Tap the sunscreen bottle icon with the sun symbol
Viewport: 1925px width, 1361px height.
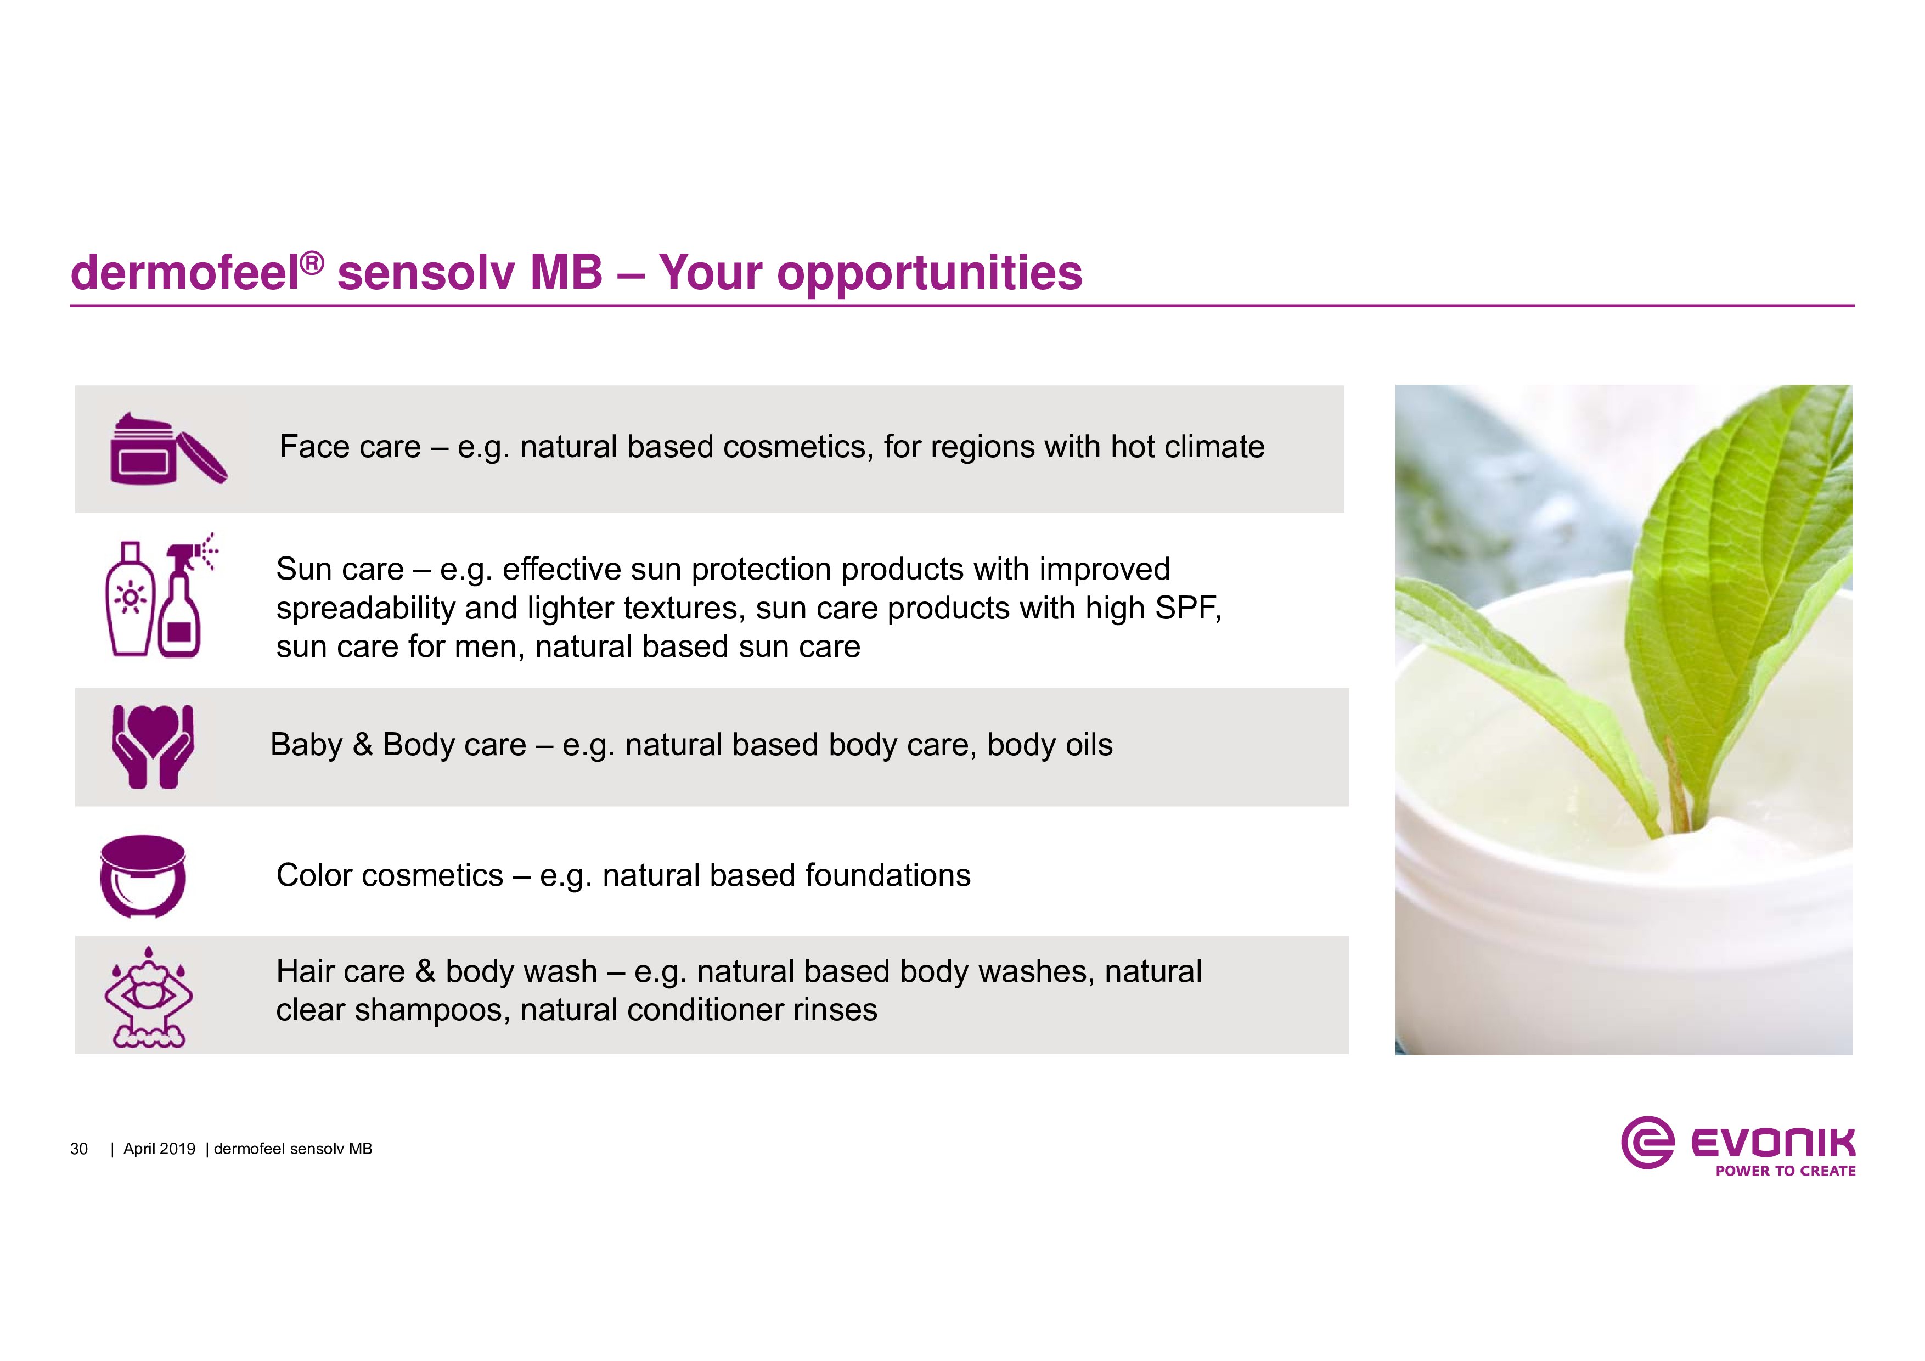[x=130, y=598]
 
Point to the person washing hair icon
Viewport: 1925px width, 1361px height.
[x=148, y=997]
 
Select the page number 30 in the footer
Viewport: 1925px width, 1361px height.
[x=79, y=1149]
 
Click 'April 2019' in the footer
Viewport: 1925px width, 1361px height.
[x=159, y=1149]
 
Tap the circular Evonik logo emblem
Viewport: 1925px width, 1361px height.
[x=1647, y=1142]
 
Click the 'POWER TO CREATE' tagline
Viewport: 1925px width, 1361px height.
[x=1785, y=1171]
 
